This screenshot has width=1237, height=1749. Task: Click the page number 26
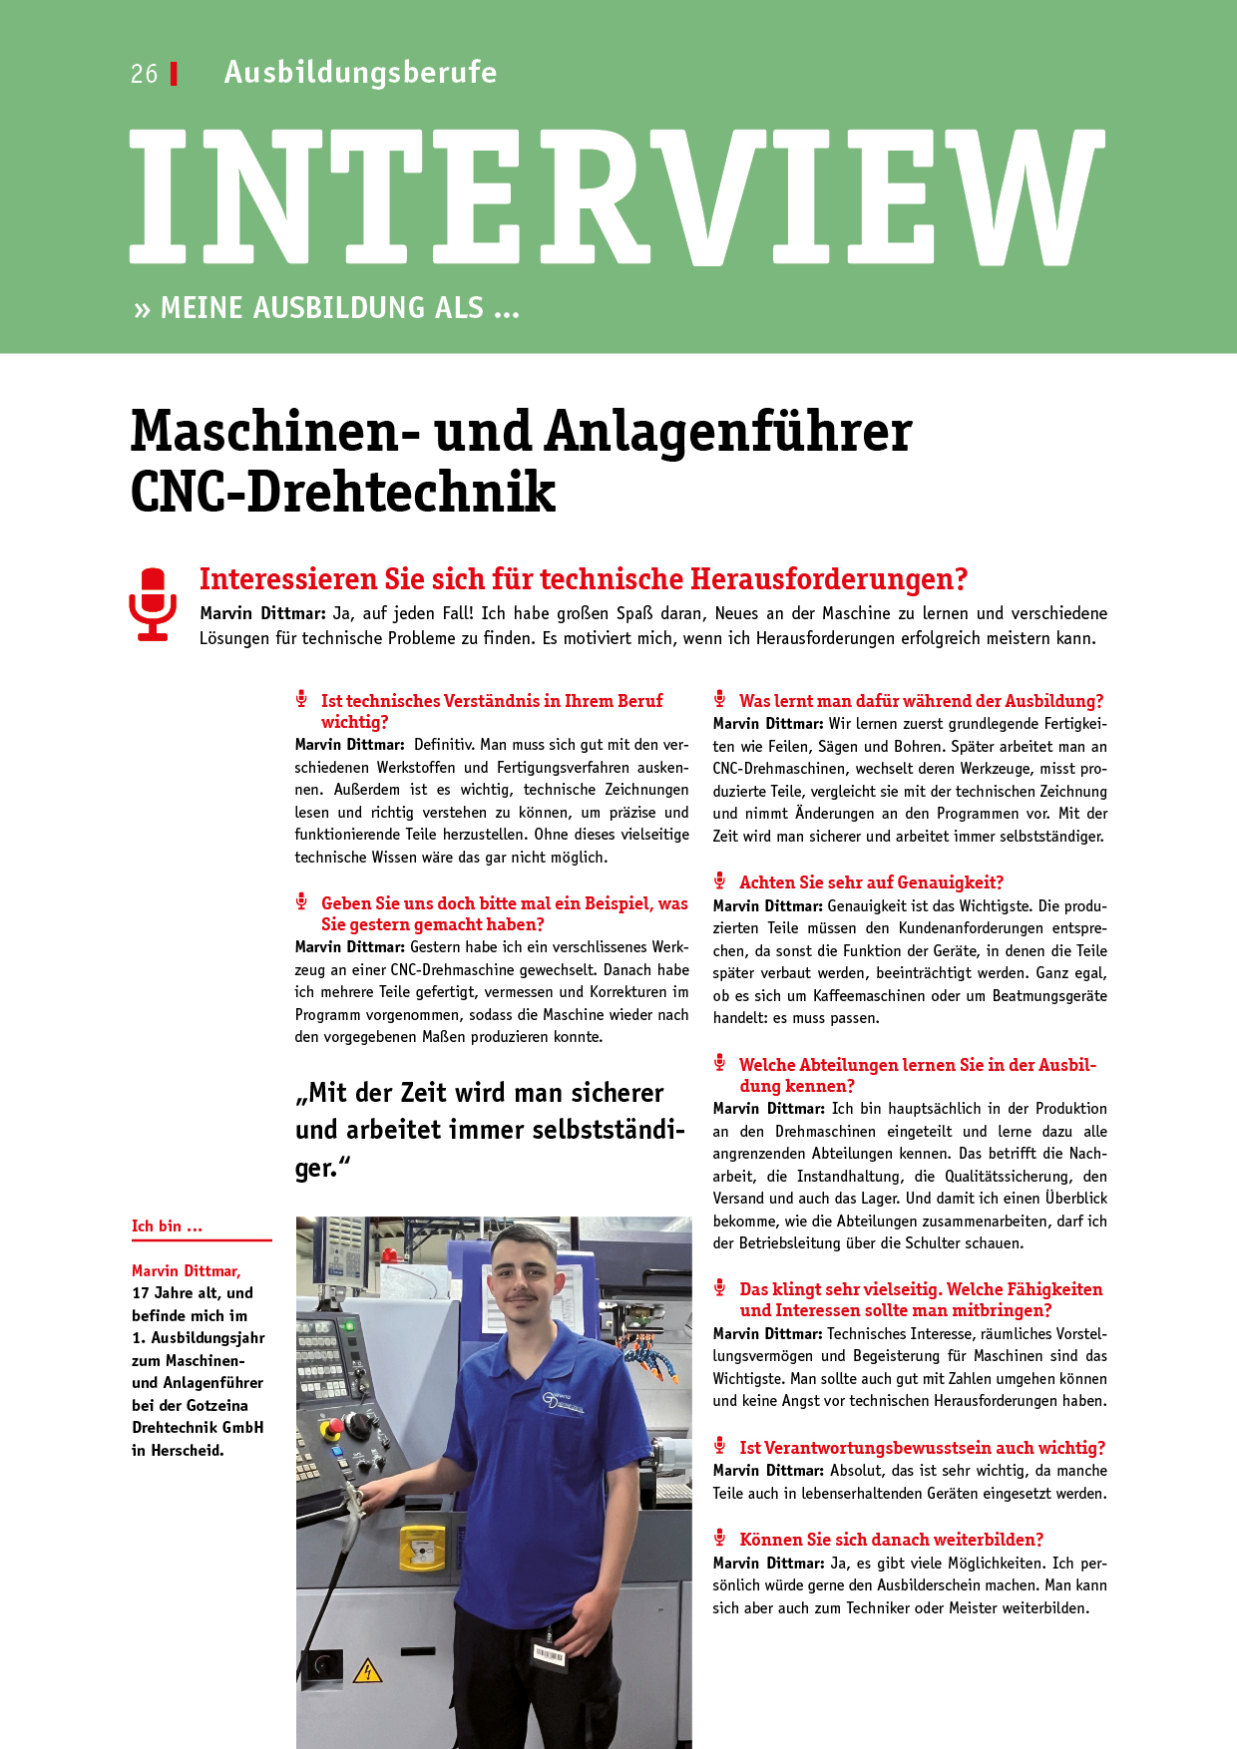pyautogui.click(x=144, y=74)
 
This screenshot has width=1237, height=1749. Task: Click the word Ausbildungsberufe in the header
pyautogui.click(x=360, y=72)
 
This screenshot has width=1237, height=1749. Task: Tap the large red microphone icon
pyautogui.click(x=153, y=603)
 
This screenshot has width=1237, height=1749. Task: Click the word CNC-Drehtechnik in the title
pyautogui.click(x=343, y=492)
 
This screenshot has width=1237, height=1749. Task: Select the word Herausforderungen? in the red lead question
pyautogui.click(x=829, y=579)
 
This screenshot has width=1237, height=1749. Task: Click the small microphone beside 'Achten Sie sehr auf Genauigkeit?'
pyautogui.click(x=719, y=880)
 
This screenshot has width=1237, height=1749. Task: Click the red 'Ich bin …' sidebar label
pyautogui.click(x=167, y=1226)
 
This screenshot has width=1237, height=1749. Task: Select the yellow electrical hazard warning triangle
pyautogui.click(x=368, y=1670)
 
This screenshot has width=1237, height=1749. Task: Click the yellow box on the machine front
pyautogui.click(x=422, y=1547)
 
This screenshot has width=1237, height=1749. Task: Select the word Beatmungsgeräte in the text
pyautogui.click(x=1049, y=995)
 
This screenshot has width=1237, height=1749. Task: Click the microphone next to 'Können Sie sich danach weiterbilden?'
pyautogui.click(x=719, y=1538)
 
